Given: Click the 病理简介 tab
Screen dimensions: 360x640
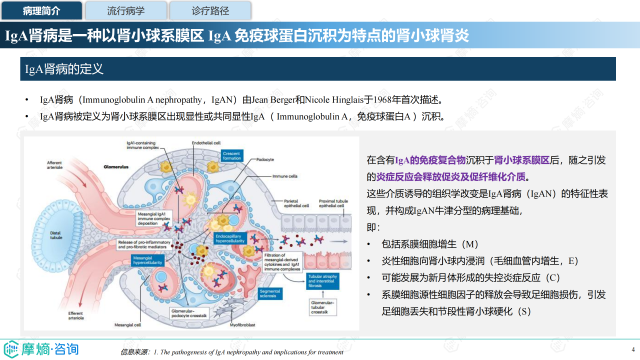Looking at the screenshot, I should pos(41,10).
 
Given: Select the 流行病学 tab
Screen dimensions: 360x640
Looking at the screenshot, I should pos(125,10).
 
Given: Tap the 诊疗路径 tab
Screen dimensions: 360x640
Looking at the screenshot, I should pos(210,10).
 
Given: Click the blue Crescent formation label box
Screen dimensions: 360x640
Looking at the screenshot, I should pos(232,155).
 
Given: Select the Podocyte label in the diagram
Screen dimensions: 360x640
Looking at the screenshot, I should pos(265,159).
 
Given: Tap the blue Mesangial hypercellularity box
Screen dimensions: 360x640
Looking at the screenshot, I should pos(147,260).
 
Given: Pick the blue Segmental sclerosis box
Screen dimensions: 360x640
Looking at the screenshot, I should pos(270,293).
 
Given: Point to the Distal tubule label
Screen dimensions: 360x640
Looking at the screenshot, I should pos(56,235).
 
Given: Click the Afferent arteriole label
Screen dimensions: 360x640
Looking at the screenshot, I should pos(54,165).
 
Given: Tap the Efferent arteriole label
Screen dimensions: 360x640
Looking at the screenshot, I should pos(76,315).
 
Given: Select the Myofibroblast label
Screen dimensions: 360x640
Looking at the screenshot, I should pos(242,325).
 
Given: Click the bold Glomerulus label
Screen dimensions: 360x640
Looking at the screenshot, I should pos(116,166).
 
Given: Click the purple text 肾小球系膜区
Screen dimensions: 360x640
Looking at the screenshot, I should pos(521,160).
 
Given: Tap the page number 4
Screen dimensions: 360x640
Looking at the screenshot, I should pos(633,349).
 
